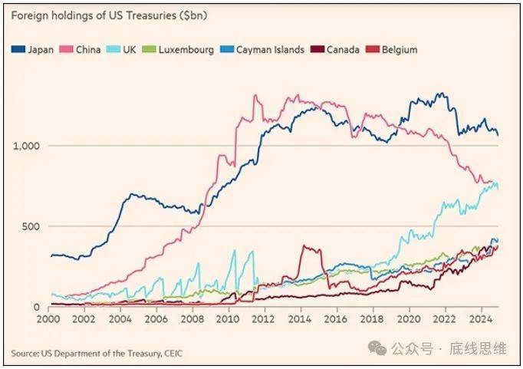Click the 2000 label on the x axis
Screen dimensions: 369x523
tap(48, 318)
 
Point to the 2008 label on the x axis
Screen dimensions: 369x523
tap(192, 318)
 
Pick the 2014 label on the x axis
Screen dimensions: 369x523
tap(301, 318)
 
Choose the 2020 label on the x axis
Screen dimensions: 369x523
tap(410, 318)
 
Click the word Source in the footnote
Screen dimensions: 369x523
tap(24, 353)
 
